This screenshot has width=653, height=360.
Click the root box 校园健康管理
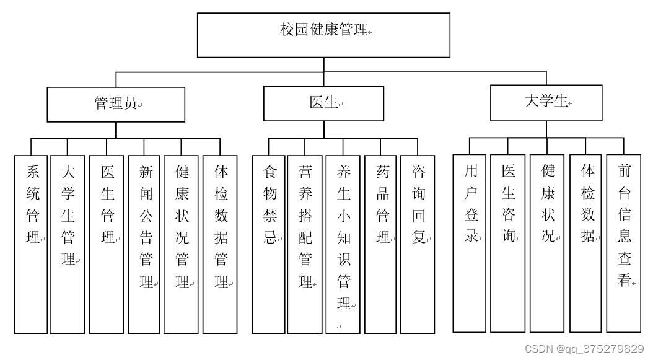(323, 35)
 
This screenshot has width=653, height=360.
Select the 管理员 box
(116, 104)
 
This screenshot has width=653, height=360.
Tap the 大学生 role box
(546, 103)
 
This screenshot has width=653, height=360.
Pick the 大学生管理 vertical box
(68, 244)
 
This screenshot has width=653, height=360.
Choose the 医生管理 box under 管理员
(107, 244)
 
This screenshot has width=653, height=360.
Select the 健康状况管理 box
(181, 244)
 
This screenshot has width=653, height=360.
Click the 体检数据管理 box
(220, 244)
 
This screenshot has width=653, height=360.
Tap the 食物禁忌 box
(269, 244)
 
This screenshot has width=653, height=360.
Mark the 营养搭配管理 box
(305, 244)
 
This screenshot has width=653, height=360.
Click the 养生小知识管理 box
(343, 244)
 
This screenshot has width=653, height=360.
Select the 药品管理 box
(381, 244)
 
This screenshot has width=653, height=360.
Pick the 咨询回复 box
(417, 244)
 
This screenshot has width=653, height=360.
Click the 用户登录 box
(470, 243)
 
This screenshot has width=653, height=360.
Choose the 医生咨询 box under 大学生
(507, 243)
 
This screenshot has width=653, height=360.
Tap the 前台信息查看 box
(623, 243)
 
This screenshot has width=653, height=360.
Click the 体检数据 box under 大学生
(586, 243)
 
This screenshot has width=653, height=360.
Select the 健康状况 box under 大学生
(547, 243)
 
